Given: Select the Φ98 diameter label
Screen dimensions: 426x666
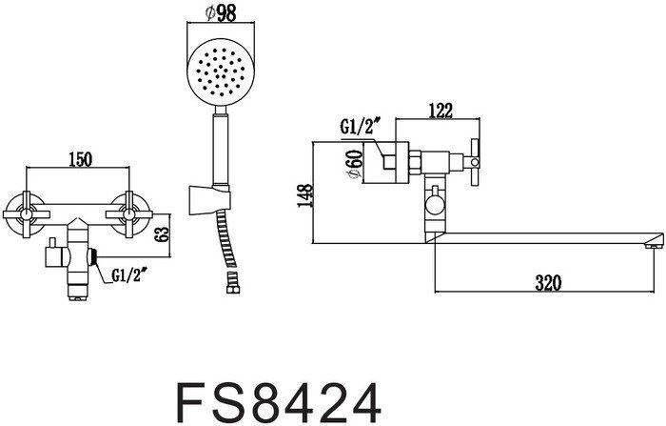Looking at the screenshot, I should (220, 12).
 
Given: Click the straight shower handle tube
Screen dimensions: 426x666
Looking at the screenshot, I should (220, 143).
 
